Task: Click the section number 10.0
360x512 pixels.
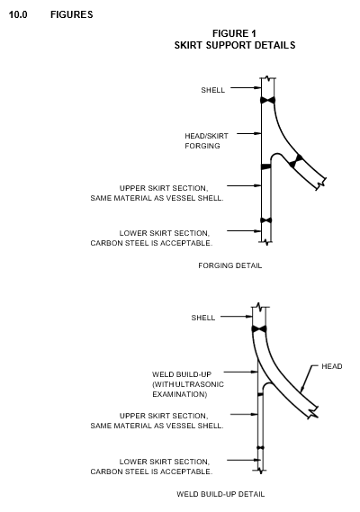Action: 18,14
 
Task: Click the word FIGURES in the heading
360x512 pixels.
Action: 71,14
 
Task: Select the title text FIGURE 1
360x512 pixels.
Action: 234,33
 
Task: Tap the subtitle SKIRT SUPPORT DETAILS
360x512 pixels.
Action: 235,45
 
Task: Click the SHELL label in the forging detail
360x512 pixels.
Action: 212,90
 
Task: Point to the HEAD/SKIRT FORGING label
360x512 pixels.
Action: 206,140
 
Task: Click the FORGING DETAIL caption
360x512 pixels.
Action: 230,265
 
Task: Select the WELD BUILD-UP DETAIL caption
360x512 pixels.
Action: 220,494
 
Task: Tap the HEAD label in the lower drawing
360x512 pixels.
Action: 332,366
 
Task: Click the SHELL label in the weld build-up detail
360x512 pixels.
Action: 202,318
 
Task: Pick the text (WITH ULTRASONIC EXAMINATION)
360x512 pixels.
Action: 188,390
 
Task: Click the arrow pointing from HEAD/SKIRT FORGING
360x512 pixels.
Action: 249,133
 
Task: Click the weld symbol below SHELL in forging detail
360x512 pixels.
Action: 268,100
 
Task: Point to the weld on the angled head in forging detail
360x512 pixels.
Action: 296,161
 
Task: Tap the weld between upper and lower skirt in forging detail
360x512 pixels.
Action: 265,220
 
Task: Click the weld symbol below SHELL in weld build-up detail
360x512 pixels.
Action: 259,328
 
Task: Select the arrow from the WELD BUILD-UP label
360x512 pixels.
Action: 241,372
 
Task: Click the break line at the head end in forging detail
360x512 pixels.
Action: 321,184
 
